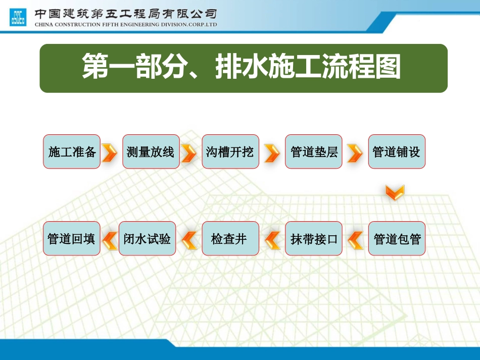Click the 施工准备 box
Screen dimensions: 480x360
coord(72,151)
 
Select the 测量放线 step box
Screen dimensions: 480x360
coord(151,151)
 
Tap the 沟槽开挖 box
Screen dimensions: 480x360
coord(230,151)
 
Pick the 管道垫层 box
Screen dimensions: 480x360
coord(314,151)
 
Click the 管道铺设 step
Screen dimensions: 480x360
coord(397,151)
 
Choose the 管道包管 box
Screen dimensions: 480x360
coord(397,239)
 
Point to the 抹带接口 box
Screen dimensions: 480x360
coord(314,239)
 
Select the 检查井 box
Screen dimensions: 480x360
coord(230,239)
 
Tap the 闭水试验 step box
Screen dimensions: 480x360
coord(147,239)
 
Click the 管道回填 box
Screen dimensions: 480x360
coord(72,239)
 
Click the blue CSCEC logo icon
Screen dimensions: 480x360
coord(18,17)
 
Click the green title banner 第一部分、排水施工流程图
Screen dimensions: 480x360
coord(244,68)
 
